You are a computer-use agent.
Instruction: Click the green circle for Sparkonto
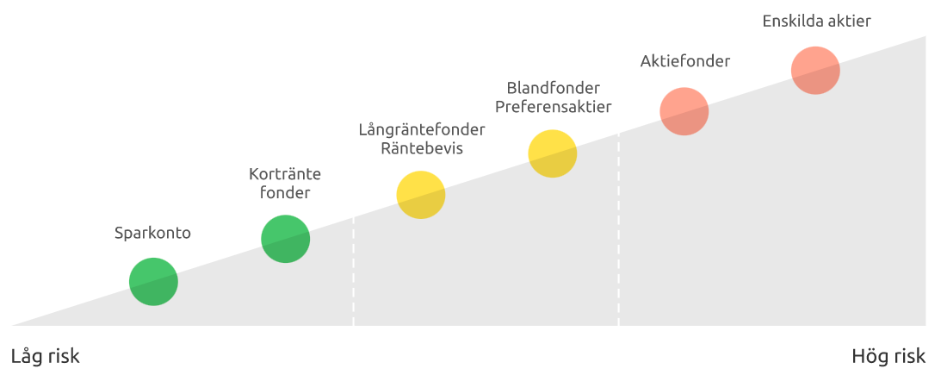click(x=153, y=282)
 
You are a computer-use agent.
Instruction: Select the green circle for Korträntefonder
click(x=285, y=239)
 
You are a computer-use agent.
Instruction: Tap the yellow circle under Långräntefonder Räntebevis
click(x=420, y=195)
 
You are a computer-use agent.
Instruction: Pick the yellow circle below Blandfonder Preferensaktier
click(x=552, y=153)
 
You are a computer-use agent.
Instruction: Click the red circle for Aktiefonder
click(x=684, y=111)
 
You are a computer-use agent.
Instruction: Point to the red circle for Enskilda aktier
click(x=815, y=70)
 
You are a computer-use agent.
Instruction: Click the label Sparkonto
click(x=152, y=233)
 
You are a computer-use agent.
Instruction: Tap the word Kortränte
click(x=284, y=174)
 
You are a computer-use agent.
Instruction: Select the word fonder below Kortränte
click(x=284, y=192)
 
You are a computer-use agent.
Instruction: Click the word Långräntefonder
click(x=422, y=129)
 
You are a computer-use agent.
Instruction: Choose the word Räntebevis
click(x=422, y=148)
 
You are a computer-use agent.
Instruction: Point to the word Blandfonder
click(x=553, y=88)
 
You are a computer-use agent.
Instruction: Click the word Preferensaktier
click(x=553, y=107)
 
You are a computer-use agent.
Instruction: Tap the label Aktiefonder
click(x=685, y=61)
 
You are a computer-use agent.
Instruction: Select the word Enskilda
click(x=791, y=21)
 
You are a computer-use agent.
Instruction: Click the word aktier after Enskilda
click(x=849, y=21)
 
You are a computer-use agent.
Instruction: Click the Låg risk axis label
click(x=45, y=356)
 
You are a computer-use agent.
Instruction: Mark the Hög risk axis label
click(x=888, y=356)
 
